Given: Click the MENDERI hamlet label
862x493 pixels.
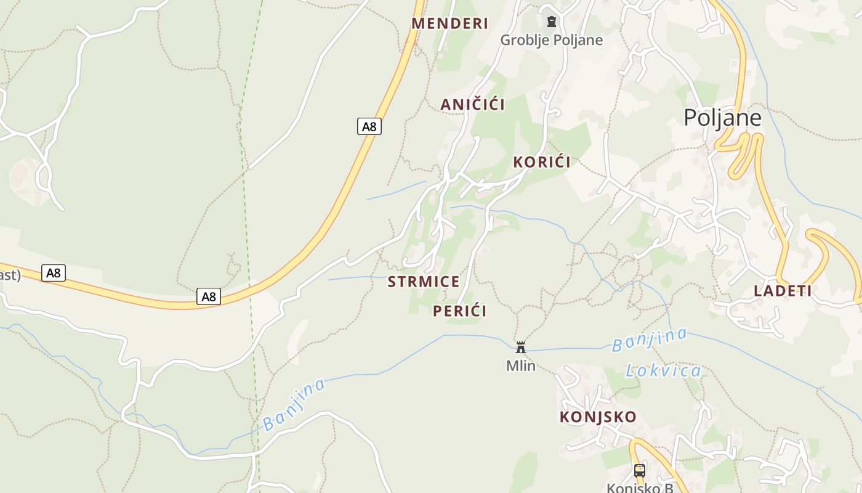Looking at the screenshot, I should (x=449, y=23).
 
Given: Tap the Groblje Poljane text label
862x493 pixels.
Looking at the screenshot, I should (x=551, y=40).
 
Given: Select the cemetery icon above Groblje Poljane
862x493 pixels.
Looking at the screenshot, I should (x=551, y=22).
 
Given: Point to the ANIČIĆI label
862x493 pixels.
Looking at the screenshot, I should (x=472, y=105).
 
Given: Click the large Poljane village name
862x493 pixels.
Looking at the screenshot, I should (x=722, y=118).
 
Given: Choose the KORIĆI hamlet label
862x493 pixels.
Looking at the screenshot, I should (x=542, y=162).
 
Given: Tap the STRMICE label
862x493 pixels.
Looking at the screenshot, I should (x=424, y=282).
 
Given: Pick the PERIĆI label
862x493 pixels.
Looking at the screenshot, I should (x=459, y=311).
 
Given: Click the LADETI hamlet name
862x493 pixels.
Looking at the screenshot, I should (x=783, y=291).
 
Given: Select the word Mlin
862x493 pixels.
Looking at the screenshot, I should (x=521, y=366).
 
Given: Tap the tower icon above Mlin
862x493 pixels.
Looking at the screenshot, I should (x=521, y=348).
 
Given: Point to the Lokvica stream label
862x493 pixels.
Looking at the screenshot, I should (x=663, y=371).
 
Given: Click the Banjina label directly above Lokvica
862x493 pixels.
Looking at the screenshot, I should (x=649, y=340).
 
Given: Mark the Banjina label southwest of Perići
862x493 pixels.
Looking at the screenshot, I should (x=294, y=404).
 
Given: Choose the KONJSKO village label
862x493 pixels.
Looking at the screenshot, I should (x=597, y=417).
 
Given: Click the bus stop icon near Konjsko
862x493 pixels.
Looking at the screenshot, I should (x=640, y=471).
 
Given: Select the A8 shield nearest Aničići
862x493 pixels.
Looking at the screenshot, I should (x=369, y=126).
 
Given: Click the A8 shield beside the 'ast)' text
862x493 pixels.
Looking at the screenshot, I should (x=54, y=272).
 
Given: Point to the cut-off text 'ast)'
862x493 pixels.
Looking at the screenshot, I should (x=10, y=275).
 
